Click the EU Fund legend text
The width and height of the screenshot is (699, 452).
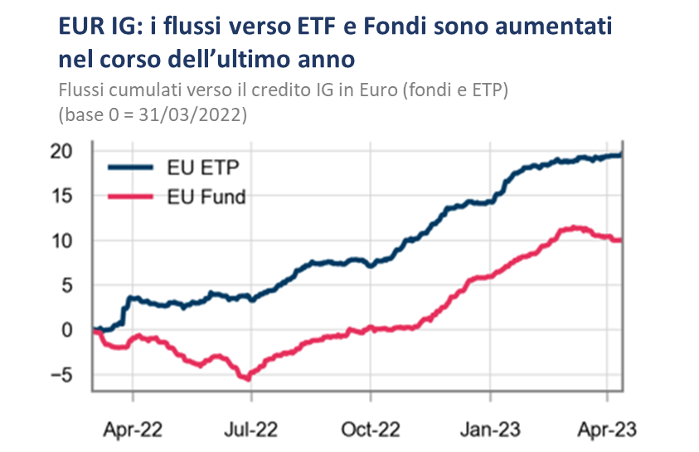pyautogui.click(x=207, y=197)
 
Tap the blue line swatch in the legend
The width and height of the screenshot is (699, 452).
pyautogui.click(x=131, y=168)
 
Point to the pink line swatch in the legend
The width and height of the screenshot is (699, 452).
pyautogui.click(x=131, y=197)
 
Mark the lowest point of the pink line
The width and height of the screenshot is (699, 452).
pyautogui.click(x=245, y=378)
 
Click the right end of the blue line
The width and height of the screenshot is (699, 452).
pyautogui.click(x=621, y=155)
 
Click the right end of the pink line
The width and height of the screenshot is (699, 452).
pyautogui.click(x=620, y=241)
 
